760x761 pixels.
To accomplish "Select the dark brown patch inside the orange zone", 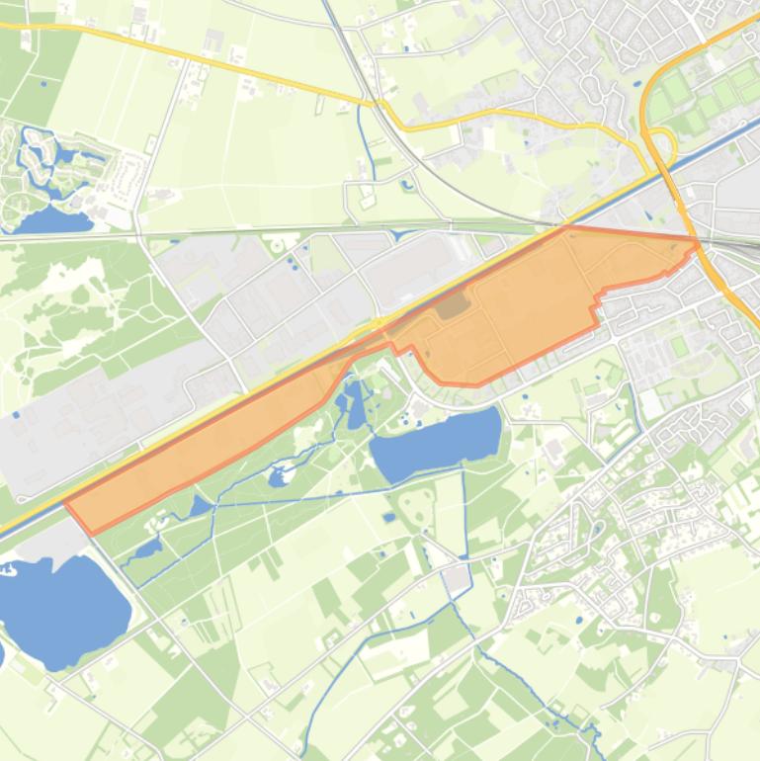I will click(453, 304).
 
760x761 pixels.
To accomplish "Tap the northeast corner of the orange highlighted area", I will click(697, 239).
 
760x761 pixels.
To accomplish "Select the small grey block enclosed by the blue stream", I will click(456, 575).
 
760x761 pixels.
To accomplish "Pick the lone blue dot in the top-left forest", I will click(43, 83).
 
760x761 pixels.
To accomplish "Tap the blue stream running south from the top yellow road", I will click(367, 143).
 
